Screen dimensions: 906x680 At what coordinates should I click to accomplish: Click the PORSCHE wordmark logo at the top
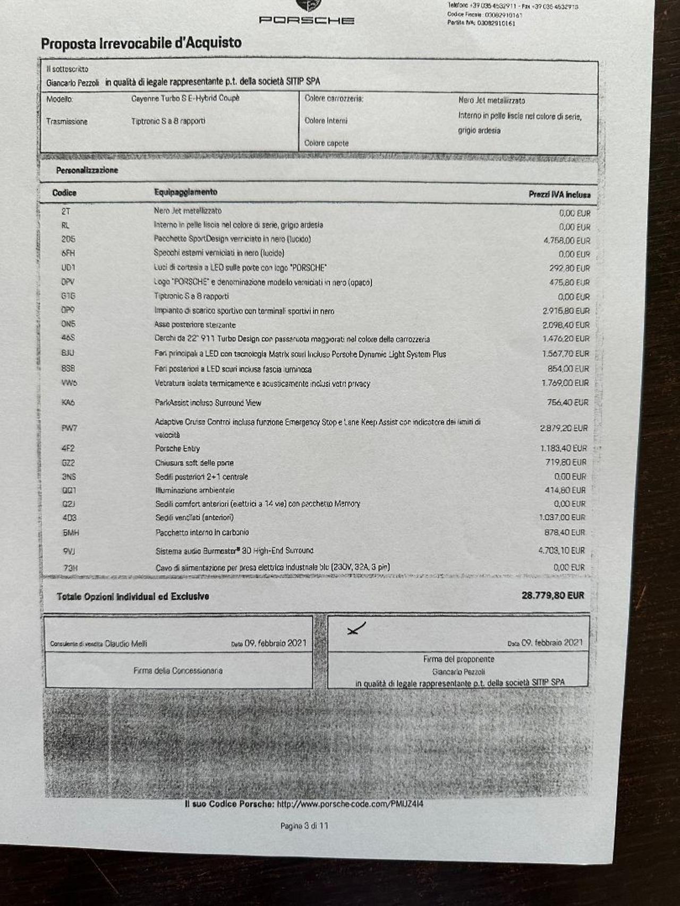coord(307,20)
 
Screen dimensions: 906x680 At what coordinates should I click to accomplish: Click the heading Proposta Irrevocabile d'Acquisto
coord(141,43)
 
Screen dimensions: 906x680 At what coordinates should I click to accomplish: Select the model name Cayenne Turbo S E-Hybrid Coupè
coord(185,98)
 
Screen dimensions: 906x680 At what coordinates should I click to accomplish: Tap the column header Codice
coord(64,193)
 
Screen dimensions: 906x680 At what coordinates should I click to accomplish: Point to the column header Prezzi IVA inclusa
coord(559,195)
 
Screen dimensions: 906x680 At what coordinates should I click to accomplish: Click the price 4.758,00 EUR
coord(566,240)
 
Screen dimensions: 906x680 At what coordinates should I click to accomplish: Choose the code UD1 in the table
coord(68,268)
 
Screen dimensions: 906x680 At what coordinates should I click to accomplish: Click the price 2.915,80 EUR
coord(566,310)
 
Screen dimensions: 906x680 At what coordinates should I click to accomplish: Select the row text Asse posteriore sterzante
coord(195,324)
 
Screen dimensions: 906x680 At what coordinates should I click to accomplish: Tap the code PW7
coord(69,427)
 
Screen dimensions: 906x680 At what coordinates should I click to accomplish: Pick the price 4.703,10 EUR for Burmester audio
coord(561,550)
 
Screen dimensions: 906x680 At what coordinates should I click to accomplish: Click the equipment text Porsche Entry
coord(177,448)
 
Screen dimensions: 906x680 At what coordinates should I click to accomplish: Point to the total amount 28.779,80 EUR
coord(552,595)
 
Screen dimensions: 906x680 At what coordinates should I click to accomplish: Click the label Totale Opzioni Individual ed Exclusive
coord(133,597)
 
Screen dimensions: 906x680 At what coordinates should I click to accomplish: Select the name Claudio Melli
coord(126,644)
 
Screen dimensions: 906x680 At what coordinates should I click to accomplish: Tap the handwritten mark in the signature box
coord(356,629)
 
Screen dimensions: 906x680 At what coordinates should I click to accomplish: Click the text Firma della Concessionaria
coord(178,671)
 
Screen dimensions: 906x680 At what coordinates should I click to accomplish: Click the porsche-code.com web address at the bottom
coord(350,804)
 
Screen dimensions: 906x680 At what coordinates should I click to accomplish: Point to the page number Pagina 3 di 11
coord(304,826)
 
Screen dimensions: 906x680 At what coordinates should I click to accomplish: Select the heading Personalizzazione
coord(87,170)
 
